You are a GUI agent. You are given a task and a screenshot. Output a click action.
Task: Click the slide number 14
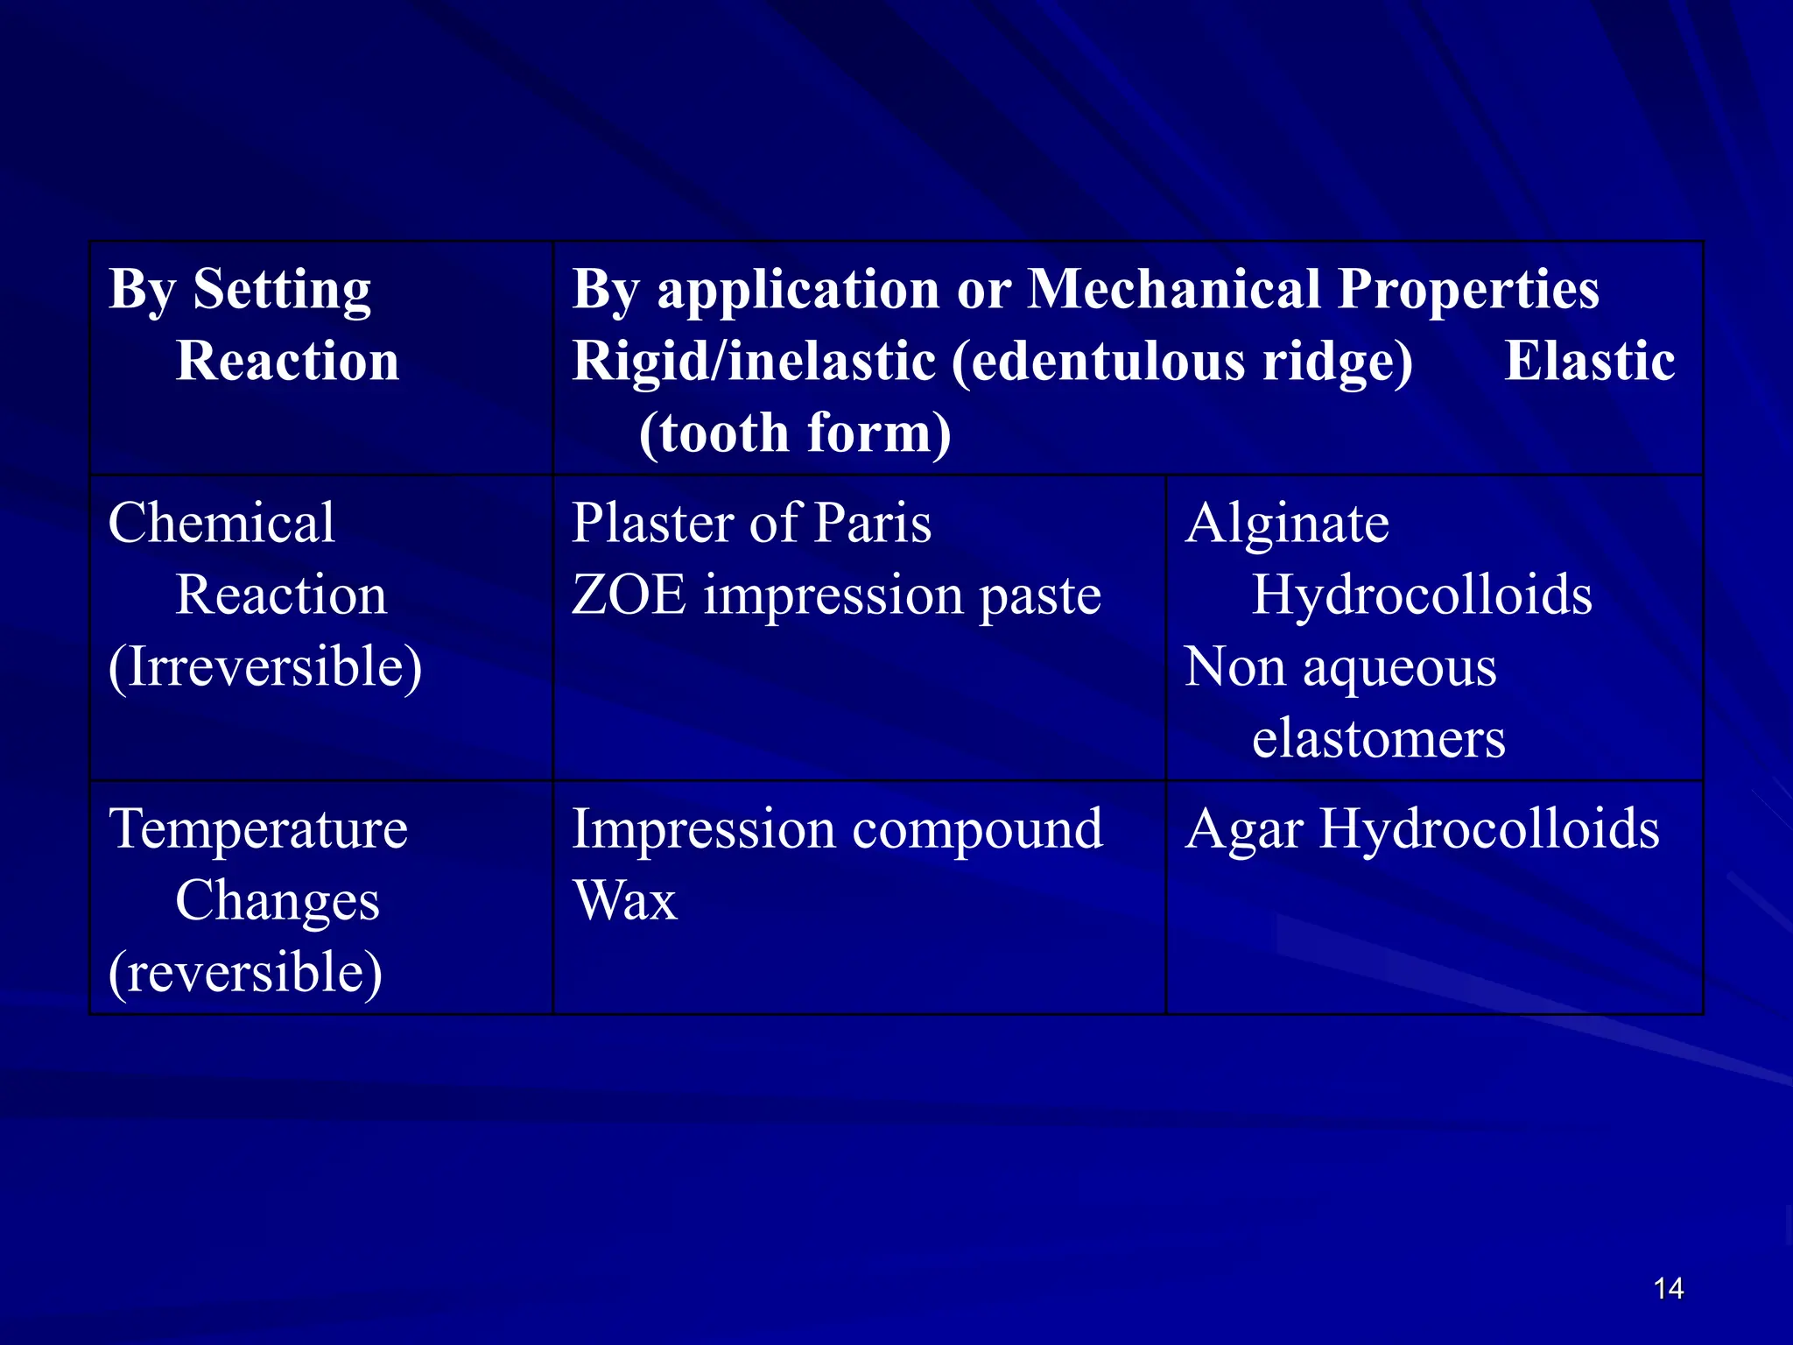[x=1669, y=1288]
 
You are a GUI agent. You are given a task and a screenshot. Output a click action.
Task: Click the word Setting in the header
[x=282, y=290]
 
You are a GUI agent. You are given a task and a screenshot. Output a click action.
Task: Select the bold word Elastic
[x=1589, y=361]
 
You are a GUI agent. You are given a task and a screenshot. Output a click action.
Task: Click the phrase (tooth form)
[x=795, y=433]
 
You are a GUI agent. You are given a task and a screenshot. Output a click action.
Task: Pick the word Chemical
[x=221, y=523]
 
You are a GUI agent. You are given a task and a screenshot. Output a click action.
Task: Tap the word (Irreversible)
[x=265, y=666]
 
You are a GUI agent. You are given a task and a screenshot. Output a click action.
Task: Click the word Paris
[x=872, y=523]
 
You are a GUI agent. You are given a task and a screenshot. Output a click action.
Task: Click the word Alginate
[x=1287, y=524]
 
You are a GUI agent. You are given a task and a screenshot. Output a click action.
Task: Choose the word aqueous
[x=1399, y=668]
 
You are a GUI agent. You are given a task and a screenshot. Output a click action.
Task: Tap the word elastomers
[x=1379, y=738]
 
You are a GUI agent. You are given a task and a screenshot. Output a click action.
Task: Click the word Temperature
[x=258, y=828]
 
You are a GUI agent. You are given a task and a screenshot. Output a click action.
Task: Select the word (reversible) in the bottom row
[x=246, y=972]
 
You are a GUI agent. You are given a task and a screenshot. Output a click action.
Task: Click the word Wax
[x=625, y=900]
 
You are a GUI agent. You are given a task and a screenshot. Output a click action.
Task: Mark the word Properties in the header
[x=1468, y=290]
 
